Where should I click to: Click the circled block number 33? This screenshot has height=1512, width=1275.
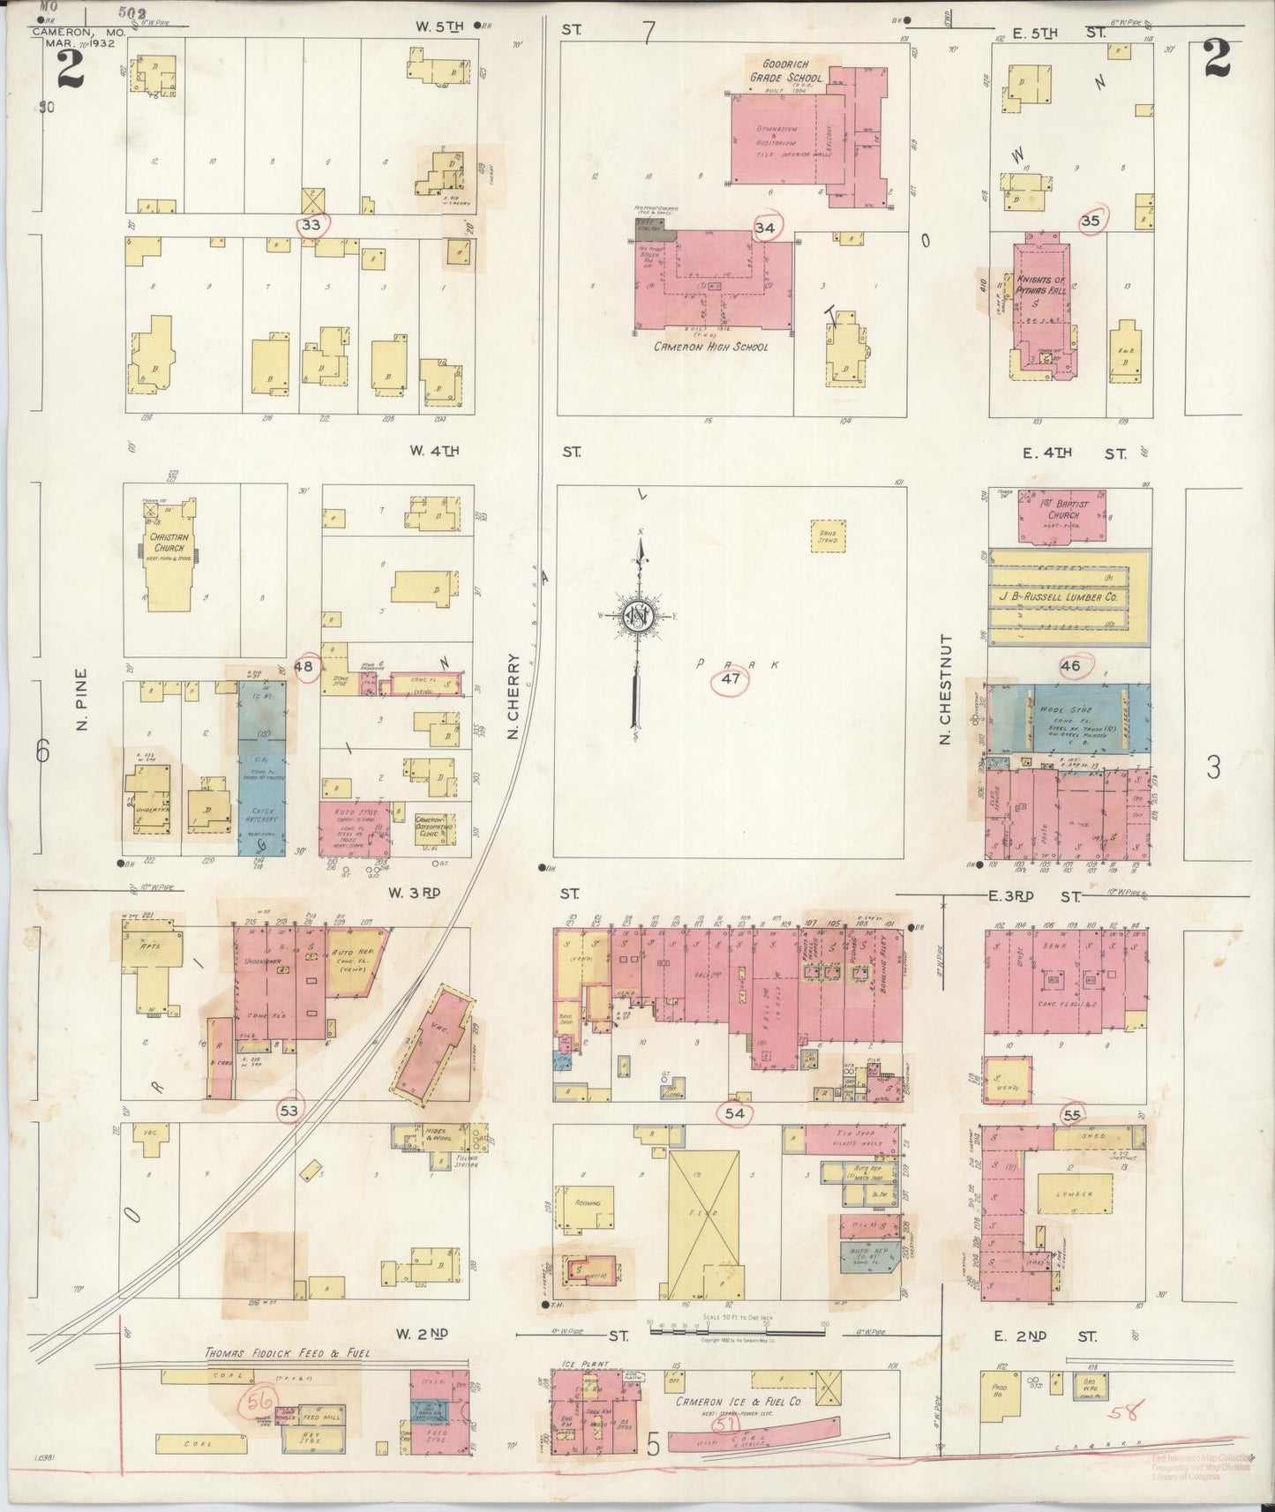311,224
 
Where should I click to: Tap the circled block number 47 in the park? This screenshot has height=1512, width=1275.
730,679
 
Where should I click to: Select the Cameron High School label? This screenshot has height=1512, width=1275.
710,347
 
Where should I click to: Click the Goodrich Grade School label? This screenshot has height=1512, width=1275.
785,71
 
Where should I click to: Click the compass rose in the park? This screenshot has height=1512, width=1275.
636,617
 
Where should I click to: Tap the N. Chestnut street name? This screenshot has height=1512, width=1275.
945,689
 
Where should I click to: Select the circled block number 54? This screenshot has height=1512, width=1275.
734,1114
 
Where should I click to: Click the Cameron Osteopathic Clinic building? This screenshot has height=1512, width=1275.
434,825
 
